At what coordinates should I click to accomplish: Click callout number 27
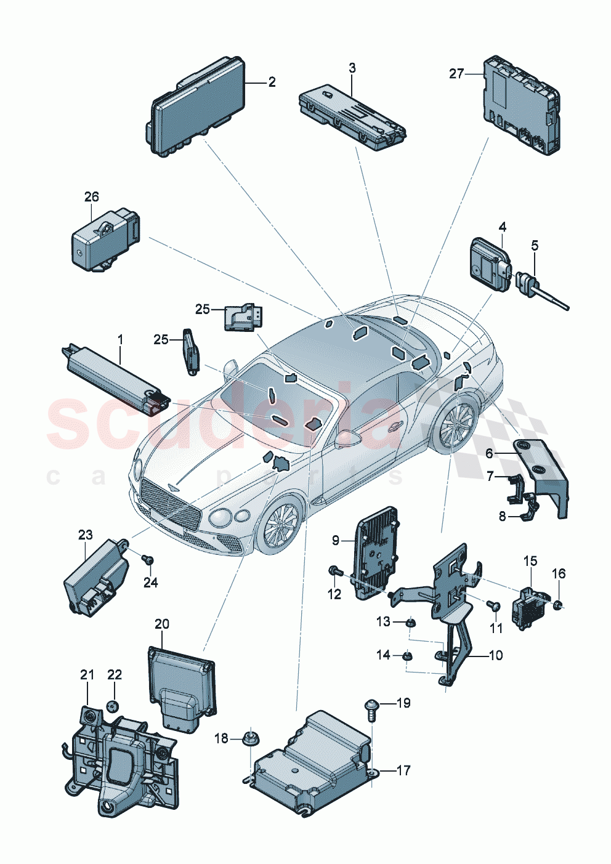click(x=456, y=74)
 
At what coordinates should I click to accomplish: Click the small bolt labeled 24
click(x=147, y=559)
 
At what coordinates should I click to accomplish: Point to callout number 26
click(x=91, y=198)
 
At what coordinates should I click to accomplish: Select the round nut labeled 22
click(x=112, y=705)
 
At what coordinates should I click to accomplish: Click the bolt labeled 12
click(x=336, y=572)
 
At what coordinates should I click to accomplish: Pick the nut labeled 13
click(x=411, y=624)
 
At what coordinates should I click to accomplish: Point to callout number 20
click(x=161, y=624)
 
